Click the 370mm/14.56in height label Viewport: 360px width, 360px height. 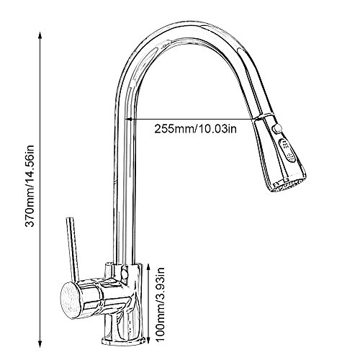click(x=30, y=186)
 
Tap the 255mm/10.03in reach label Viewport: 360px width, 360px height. click(x=195, y=129)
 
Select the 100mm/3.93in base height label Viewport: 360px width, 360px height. click(x=160, y=305)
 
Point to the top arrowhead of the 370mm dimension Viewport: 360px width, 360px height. click(x=40, y=35)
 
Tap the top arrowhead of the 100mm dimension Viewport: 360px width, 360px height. click(x=148, y=266)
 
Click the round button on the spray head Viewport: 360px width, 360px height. click(x=278, y=127)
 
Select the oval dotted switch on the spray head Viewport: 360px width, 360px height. click(x=287, y=150)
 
